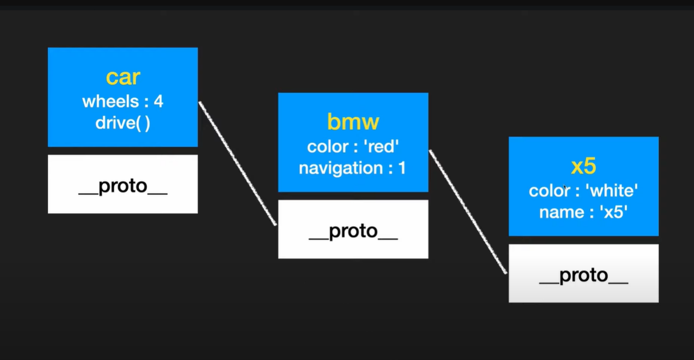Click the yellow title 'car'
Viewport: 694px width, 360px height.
click(123, 77)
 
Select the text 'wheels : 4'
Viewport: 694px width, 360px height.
click(123, 101)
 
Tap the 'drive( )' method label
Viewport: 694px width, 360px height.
click(123, 123)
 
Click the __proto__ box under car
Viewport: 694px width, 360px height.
click(123, 184)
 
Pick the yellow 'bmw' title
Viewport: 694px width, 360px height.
click(353, 122)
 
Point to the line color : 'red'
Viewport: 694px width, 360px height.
click(353, 146)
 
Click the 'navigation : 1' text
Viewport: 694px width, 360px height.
click(352, 169)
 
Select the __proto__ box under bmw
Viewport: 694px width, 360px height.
click(353, 229)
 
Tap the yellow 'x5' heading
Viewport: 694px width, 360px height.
click(583, 166)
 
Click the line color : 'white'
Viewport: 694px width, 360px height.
click(583, 190)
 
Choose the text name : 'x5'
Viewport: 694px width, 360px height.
click(583, 213)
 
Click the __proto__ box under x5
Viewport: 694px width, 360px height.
click(584, 273)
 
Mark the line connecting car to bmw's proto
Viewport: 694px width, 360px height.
click(238, 163)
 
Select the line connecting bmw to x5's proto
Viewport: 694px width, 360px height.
click(468, 212)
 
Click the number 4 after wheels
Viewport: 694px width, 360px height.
click(158, 101)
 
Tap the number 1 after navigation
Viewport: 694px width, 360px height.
click(402, 168)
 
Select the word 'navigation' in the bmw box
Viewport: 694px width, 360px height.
click(341, 169)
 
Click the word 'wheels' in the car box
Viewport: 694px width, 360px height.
click(111, 101)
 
